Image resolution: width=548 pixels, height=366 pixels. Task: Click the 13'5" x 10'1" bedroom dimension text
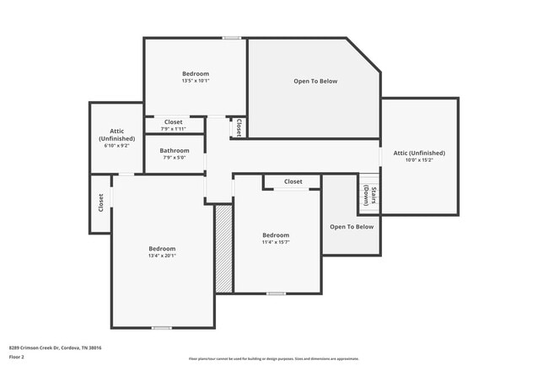(195, 82)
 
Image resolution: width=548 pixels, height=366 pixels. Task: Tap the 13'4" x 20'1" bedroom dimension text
(162, 257)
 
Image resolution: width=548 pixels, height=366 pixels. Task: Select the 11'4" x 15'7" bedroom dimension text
(276, 243)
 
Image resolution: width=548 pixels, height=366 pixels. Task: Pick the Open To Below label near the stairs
(351, 227)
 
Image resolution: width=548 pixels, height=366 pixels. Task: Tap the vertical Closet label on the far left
(100, 202)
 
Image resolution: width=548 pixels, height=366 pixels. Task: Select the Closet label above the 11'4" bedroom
(293, 181)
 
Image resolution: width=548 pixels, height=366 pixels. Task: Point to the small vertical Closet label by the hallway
(239, 127)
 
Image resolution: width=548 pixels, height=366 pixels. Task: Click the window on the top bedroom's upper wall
(232, 38)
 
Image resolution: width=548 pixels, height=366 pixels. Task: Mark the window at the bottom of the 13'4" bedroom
(162, 327)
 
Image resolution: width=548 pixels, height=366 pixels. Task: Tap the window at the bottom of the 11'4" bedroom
(276, 293)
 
